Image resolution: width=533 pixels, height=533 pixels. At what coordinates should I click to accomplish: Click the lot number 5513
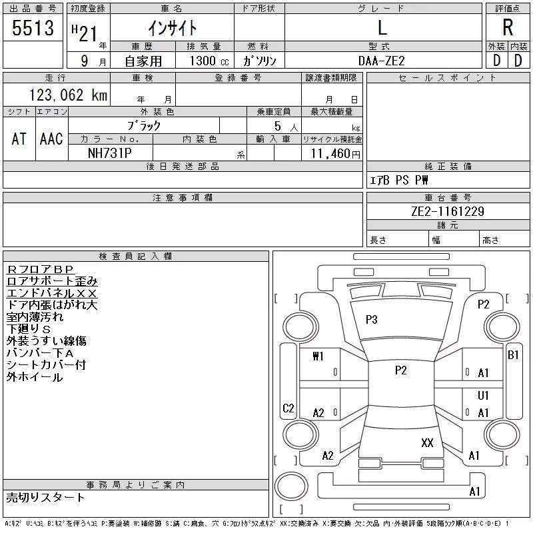coord(33,28)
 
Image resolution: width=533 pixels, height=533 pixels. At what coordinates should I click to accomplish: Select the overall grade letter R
coord(508,27)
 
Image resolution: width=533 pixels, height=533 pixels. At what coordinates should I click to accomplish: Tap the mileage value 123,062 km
coord(68,95)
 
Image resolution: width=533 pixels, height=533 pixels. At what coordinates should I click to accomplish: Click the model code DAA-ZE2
coord(381,61)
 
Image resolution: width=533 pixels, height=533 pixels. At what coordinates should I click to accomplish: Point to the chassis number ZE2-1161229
coord(448,211)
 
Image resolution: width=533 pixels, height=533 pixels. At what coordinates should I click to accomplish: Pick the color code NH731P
coord(110,153)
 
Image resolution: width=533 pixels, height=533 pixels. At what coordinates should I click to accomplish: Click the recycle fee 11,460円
coord(336,154)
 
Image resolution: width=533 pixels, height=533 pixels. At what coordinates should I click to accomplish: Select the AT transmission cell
coord(19,139)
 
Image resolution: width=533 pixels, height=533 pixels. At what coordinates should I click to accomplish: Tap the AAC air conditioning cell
coord(51,139)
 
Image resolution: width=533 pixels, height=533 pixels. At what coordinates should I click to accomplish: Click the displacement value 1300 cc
coord(209,61)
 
